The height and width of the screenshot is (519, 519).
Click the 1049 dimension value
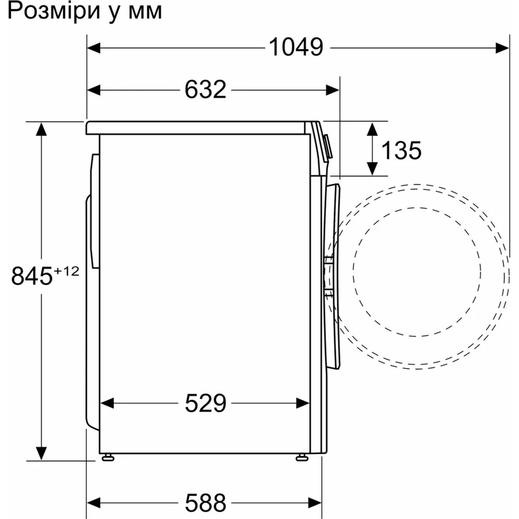click(x=296, y=48)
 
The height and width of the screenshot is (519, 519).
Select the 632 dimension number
click(x=206, y=90)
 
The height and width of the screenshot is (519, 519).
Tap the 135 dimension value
click(x=401, y=151)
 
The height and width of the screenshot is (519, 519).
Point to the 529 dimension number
click(x=206, y=403)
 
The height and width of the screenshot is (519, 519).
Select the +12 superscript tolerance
click(x=66, y=270)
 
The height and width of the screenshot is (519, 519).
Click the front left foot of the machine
click(x=108, y=457)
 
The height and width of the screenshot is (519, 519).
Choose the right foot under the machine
click(x=301, y=457)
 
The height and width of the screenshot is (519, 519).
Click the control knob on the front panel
click(x=327, y=147)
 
